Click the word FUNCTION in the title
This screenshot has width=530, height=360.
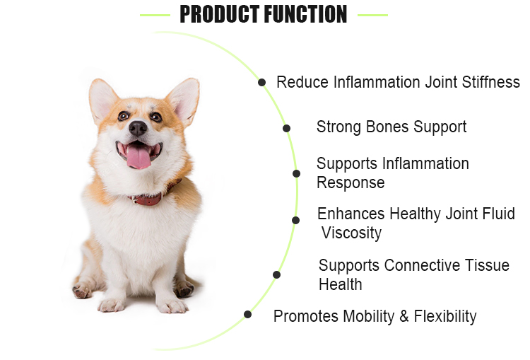tap(306, 14)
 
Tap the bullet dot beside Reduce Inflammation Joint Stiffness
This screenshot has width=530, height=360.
tap(262, 82)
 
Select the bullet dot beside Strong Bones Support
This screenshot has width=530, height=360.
tap(286, 128)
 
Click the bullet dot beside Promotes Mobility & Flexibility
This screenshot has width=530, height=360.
tap(247, 314)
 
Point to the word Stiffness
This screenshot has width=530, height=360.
tap(492, 82)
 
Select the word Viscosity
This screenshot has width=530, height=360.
tap(351, 233)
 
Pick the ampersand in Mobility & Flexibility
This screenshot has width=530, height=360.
tap(404, 316)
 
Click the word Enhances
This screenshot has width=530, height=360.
tap(351, 214)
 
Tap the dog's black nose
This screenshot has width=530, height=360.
tap(138, 127)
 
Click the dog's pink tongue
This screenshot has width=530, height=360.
tap(138, 157)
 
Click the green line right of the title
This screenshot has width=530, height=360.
tap(372, 14)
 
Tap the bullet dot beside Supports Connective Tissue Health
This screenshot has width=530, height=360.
tap(276, 274)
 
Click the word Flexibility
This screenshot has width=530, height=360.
tap(444, 316)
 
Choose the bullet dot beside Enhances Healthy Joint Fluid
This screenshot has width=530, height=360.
tap(295, 220)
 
